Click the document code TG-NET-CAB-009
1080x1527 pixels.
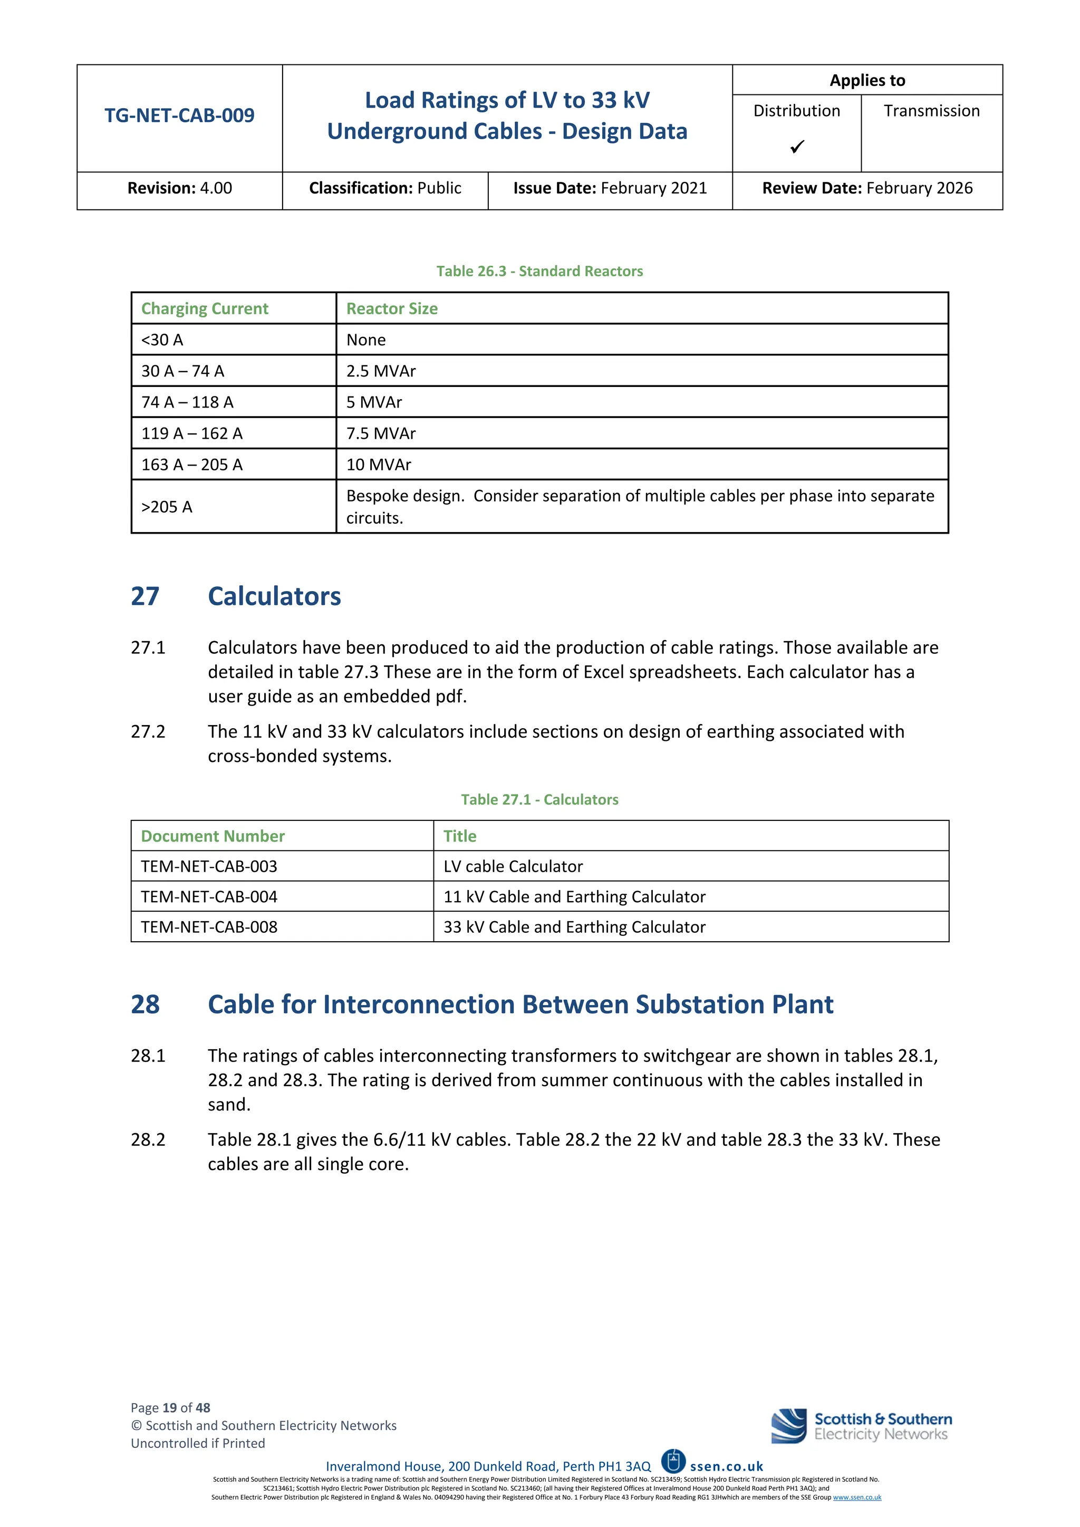click(x=179, y=115)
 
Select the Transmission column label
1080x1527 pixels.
click(x=931, y=111)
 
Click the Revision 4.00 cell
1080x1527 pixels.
click(x=179, y=188)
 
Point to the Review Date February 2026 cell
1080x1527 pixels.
click(x=867, y=188)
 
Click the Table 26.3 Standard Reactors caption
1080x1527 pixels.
click(x=539, y=272)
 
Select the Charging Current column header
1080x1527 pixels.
click(x=205, y=308)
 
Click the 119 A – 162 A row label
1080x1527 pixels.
click(x=191, y=433)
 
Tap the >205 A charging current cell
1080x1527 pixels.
click(x=167, y=507)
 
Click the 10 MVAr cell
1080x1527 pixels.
click(x=379, y=465)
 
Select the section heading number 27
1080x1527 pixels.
click(x=145, y=596)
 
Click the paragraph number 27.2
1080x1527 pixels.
click(x=148, y=731)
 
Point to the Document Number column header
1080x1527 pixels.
click(x=213, y=836)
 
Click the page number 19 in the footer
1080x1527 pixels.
click(x=170, y=1408)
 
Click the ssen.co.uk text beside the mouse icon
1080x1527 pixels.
click(x=726, y=1466)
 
